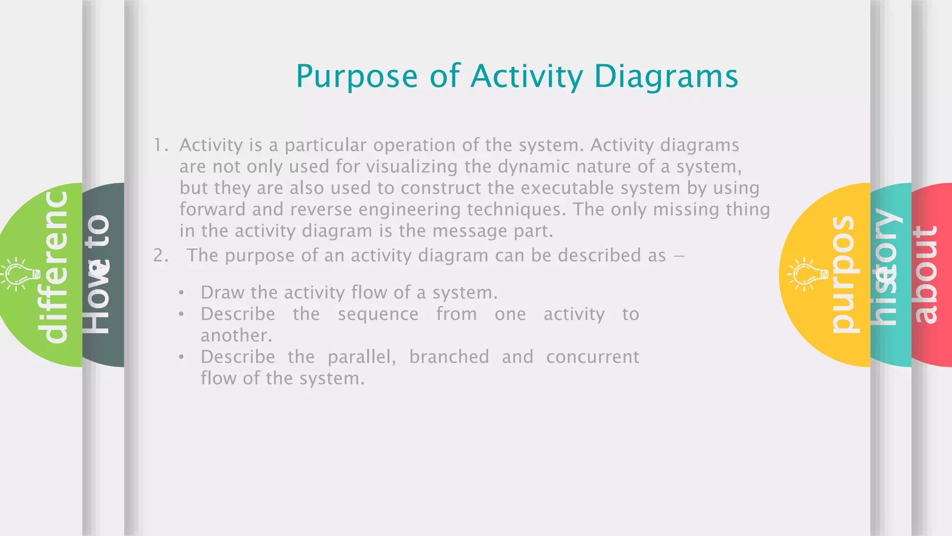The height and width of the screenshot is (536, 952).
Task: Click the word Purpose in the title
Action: pyautogui.click(x=357, y=77)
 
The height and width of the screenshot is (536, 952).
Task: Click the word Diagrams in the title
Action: pyautogui.click(x=666, y=77)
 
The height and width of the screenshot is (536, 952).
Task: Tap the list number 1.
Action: pyautogui.click(x=160, y=145)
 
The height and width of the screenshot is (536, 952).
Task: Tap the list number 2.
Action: pyautogui.click(x=160, y=255)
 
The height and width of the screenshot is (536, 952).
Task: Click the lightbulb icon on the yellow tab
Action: pyautogui.click(x=807, y=275)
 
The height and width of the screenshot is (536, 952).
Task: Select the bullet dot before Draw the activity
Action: pyautogui.click(x=181, y=293)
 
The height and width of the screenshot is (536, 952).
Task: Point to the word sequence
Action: pyautogui.click(x=378, y=314)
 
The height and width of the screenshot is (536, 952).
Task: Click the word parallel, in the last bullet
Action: pyautogui.click(x=362, y=357)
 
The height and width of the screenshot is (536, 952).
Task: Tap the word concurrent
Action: pyautogui.click(x=593, y=357)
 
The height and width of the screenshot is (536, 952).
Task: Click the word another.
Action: pyautogui.click(x=236, y=335)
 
